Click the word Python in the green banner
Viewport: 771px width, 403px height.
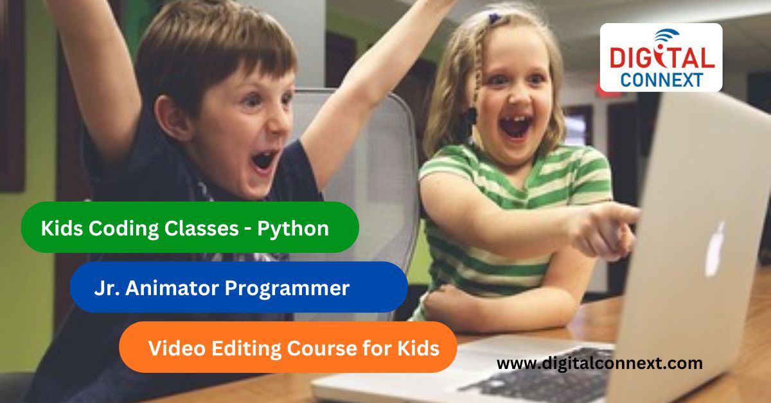tap(293, 228)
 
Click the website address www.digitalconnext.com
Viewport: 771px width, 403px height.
tap(599, 364)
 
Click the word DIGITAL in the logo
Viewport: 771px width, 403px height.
tap(661, 58)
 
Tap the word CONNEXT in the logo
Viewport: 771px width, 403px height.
tap(661, 79)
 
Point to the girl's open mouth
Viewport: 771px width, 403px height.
tap(515, 125)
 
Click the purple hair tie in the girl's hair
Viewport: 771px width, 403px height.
tap(493, 19)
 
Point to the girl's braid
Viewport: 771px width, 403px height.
tap(476, 77)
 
